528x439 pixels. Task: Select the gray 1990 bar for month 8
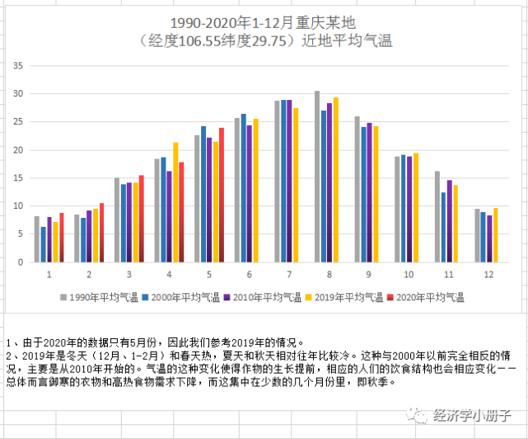click(x=317, y=177)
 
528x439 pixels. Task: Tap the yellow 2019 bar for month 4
click(x=175, y=202)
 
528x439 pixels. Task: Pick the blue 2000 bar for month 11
click(x=443, y=227)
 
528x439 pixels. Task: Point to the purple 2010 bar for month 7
click(x=289, y=181)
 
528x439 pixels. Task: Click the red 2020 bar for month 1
click(x=62, y=238)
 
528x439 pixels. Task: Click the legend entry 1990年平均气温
click(x=98, y=296)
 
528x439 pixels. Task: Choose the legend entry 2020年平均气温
click(x=431, y=296)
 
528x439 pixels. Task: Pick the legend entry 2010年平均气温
click(x=264, y=296)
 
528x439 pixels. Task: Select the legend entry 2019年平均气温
click(x=348, y=296)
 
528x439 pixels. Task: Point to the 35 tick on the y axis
click(x=17, y=65)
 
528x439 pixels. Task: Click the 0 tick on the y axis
click(x=21, y=262)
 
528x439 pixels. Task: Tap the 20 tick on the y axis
click(x=17, y=150)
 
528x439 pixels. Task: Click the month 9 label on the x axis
click(x=368, y=273)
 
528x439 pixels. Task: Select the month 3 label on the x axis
click(x=128, y=273)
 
